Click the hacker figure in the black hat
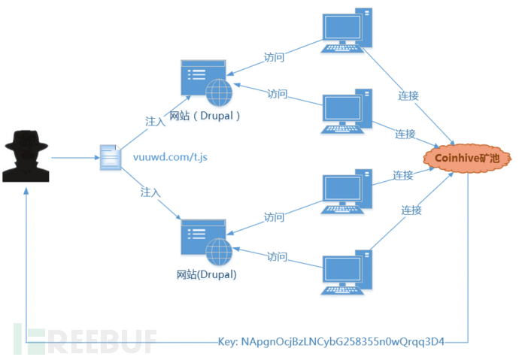tap(27, 156)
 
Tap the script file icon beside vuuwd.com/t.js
tap(111, 158)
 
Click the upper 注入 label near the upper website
tap(155, 120)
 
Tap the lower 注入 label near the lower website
tap(150, 192)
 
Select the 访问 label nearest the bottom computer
tap(277, 257)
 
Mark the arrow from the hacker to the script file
tap(75, 158)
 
